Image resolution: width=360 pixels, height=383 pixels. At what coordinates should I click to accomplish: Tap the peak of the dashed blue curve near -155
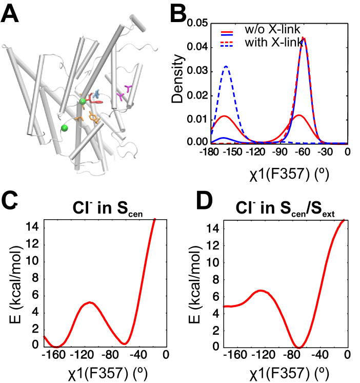tap(226, 66)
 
